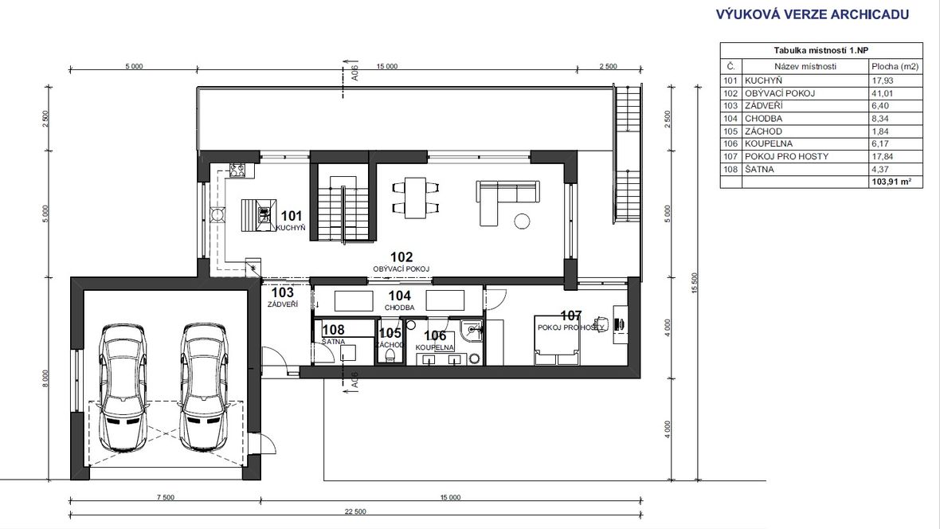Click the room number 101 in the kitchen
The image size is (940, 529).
click(x=292, y=216)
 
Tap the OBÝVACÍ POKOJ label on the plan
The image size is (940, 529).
click(x=401, y=269)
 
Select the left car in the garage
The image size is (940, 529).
click(x=123, y=387)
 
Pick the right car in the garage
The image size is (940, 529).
click(x=205, y=387)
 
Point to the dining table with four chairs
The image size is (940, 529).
click(x=416, y=198)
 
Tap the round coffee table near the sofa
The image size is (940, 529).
click(x=522, y=221)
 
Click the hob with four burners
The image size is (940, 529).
click(x=237, y=170)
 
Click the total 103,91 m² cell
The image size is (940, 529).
click(x=895, y=181)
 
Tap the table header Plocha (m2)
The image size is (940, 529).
click(x=895, y=67)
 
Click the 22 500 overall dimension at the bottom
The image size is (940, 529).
click(x=355, y=511)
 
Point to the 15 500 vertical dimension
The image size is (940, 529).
click(x=695, y=283)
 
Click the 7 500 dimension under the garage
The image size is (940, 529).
click(x=166, y=497)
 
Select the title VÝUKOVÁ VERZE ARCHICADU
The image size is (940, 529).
click(x=813, y=14)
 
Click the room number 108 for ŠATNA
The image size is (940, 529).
click(x=333, y=329)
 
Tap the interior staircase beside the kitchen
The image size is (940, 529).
click(x=343, y=201)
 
